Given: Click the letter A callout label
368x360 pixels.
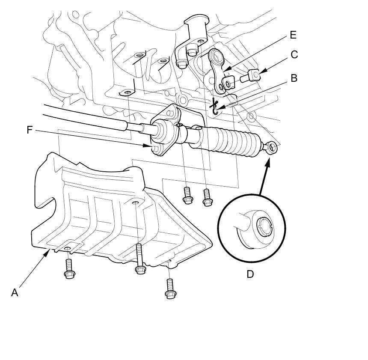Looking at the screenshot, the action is [15, 293].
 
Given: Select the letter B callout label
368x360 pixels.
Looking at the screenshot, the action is [294, 78].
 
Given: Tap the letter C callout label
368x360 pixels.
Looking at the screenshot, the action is [294, 55].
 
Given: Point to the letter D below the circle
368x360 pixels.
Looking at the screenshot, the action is [250, 274].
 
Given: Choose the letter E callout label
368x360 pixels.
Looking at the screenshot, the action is [293, 35].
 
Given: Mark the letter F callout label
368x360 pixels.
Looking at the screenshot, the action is [30, 130].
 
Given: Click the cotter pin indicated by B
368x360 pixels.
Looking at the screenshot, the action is [215, 106].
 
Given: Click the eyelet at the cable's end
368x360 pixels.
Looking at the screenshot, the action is [272, 148].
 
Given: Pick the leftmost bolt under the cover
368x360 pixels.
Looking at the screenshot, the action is [68, 269].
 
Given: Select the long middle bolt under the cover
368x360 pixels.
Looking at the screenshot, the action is [139, 259].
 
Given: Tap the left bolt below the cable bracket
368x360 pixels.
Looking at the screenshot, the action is [187, 195].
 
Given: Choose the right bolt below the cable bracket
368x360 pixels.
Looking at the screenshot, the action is [208, 197].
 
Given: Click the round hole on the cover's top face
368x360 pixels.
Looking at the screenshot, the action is [135, 203].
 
